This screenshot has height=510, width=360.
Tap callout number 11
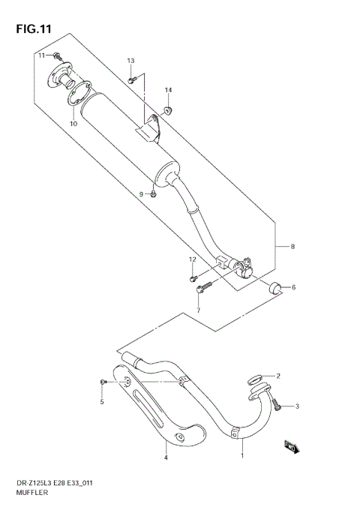(x=43, y=55)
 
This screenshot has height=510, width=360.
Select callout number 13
(x=130, y=61)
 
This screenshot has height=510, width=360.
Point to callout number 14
(x=168, y=91)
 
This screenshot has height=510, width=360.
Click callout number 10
(x=73, y=124)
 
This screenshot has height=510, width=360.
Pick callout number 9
(x=140, y=194)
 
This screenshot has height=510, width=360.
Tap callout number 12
(x=192, y=259)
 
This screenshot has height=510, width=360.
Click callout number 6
(x=293, y=286)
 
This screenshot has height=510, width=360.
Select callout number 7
(x=199, y=310)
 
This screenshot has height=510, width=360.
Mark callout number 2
(x=277, y=376)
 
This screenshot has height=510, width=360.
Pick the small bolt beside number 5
(x=102, y=382)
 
